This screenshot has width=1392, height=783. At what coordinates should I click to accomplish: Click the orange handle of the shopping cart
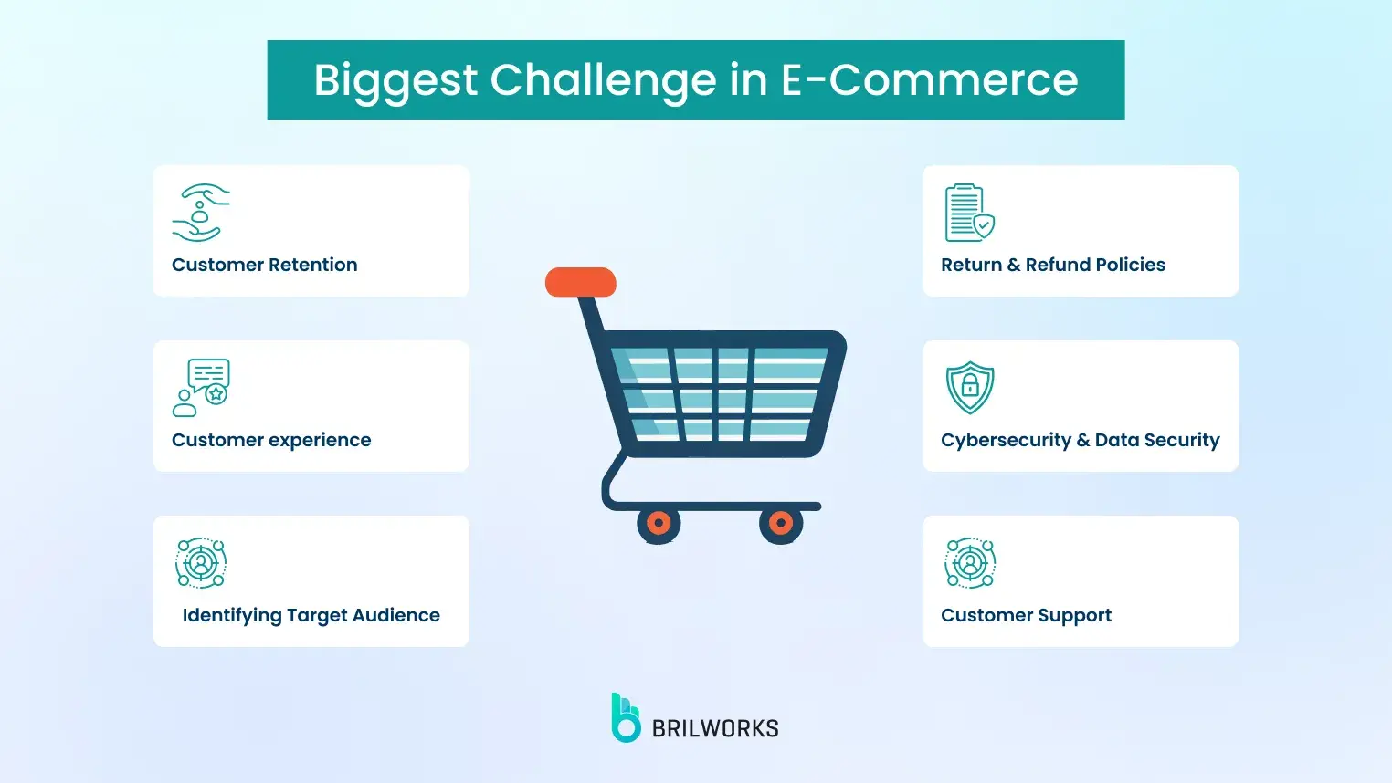[581, 282]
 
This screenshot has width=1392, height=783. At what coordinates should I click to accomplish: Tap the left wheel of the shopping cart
[659, 524]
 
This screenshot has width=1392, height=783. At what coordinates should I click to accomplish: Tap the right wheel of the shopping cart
[781, 524]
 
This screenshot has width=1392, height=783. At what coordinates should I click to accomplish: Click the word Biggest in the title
[395, 80]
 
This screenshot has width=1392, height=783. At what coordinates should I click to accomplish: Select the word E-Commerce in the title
[929, 80]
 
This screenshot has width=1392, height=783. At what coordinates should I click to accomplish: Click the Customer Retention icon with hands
[201, 213]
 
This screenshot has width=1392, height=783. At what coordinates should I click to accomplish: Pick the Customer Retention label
[265, 265]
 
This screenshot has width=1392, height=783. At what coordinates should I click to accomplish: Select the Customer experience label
[271, 440]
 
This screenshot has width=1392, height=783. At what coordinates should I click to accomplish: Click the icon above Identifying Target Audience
[201, 563]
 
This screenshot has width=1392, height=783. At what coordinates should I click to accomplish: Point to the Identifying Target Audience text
[311, 615]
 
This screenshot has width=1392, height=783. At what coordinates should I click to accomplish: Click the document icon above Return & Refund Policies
[969, 213]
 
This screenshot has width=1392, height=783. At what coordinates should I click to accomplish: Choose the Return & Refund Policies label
[1053, 265]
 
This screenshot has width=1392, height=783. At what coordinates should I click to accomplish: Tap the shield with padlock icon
[970, 387]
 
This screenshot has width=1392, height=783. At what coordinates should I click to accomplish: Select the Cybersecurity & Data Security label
[1081, 440]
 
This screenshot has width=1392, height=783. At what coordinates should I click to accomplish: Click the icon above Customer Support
[970, 563]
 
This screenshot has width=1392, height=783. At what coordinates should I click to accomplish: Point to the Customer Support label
[1027, 615]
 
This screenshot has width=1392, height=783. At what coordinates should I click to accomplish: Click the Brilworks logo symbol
[626, 718]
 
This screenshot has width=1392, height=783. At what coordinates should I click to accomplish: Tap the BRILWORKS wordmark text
[715, 728]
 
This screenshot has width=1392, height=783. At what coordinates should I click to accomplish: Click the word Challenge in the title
[604, 80]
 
